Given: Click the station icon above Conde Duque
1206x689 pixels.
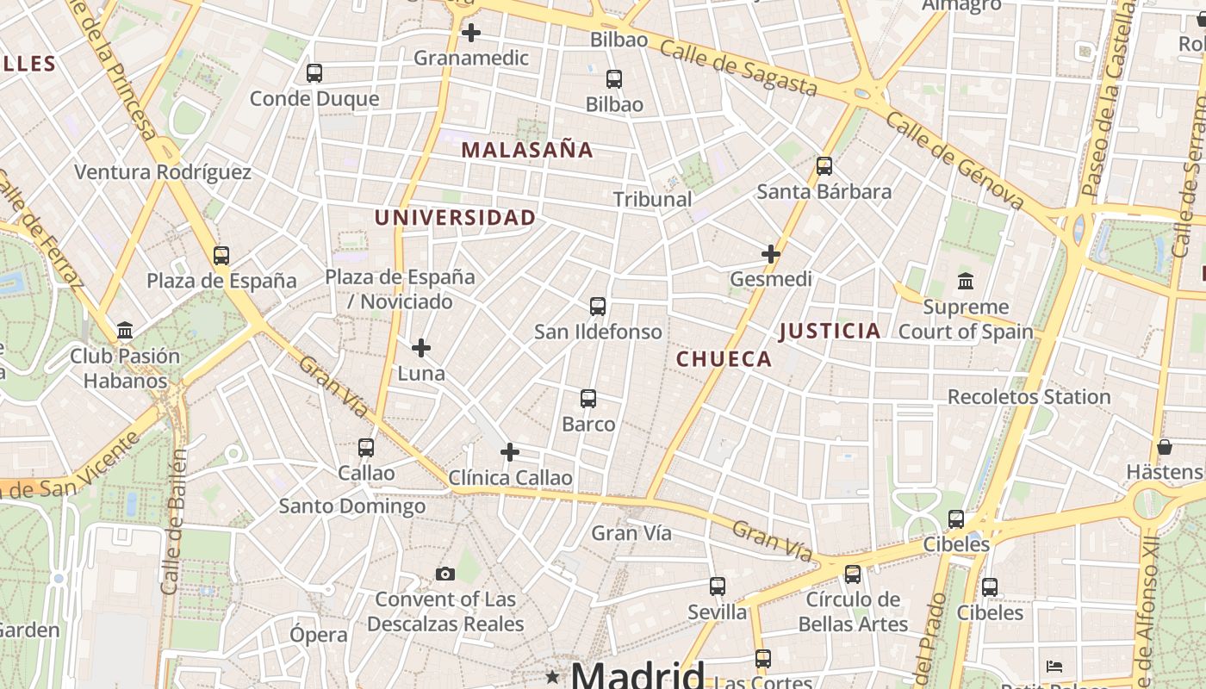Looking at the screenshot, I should click(x=314, y=73).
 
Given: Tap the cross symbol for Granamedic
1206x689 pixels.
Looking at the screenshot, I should click(x=471, y=34).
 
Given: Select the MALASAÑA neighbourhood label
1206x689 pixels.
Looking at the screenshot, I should click(x=527, y=150).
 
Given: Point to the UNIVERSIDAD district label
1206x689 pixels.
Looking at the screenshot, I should click(x=455, y=218).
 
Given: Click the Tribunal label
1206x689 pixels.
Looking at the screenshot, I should click(x=652, y=199).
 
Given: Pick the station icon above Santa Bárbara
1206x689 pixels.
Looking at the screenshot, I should click(x=824, y=166).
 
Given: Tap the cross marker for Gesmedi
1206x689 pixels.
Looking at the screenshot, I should click(x=771, y=254).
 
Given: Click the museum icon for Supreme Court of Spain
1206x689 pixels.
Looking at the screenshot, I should click(x=966, y=282).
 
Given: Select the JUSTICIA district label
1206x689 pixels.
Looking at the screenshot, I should click(x=830, y=331).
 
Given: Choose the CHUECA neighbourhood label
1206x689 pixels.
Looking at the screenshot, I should click(x=724, y=359).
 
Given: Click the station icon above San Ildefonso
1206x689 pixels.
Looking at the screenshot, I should click(x=598, y=307).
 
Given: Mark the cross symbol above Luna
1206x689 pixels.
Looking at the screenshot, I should click(x=421, y=348).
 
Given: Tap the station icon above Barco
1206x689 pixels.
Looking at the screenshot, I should click(x=588, y=399).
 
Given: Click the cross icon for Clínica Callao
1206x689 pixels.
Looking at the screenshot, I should click(x=510, y=452).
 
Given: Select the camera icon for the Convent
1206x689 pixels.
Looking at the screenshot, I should click(x=445, y=574).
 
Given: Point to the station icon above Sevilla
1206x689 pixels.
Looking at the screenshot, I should click(x=718, y=587).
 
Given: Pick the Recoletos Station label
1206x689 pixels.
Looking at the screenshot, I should click(x=1029, y=397).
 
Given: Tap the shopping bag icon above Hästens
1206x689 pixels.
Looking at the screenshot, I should click(x=1165, y=447).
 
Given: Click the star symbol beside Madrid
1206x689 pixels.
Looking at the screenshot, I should click(x=552, y=677).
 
